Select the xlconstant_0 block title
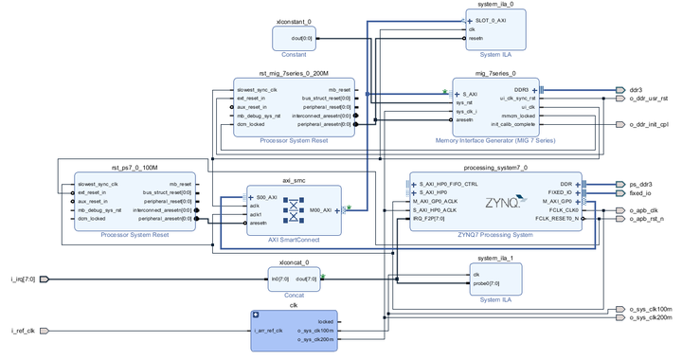pyautogui.click(x=294, y=20)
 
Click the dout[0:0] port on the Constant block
pyautogui.click(x=303, y=38)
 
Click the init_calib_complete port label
pyautogui.click(x=512, y=124)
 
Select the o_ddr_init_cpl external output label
pyautogui.click(x=649, y=124)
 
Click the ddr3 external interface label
pyautogui.click(x=635, y=90)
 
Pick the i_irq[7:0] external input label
pyautogui.click(x=25, y=279)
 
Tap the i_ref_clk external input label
pyautogui.click(x=23, y=331)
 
